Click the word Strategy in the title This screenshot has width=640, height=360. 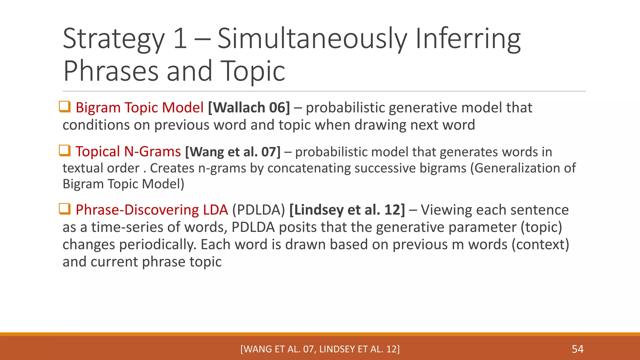pos(113,39)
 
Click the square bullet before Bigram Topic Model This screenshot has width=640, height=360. pos(65,107)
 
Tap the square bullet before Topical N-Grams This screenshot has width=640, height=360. pos(65,151)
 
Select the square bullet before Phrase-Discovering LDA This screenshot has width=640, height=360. pos(65,209)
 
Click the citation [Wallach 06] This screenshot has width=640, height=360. pos(249,107)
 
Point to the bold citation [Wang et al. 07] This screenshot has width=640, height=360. pos(233,152)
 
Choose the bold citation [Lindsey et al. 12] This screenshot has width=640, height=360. pos(347,210)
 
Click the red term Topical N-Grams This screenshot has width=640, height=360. pos(128,152)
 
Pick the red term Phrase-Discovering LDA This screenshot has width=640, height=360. pos(152,210)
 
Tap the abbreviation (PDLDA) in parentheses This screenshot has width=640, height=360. pos(258,210)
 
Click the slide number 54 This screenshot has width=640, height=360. pos(577,349)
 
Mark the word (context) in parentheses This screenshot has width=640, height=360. pos(540,244)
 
